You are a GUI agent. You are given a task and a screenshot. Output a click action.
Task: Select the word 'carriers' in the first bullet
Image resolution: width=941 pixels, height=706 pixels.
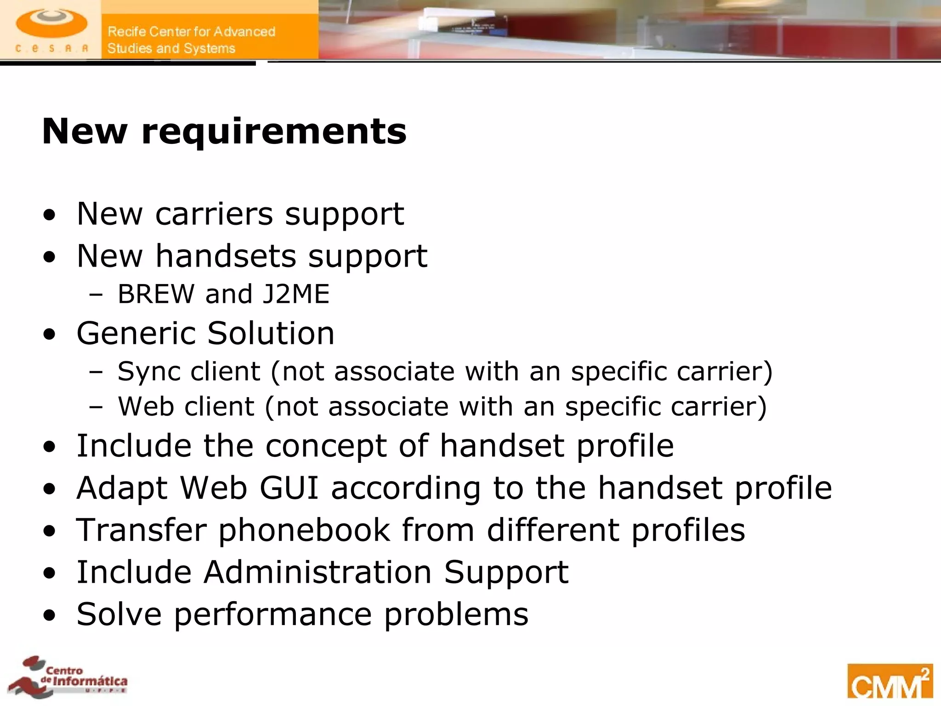(214, 214)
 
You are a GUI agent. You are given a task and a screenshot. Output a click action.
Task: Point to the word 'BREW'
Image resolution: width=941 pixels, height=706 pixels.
(156, 294)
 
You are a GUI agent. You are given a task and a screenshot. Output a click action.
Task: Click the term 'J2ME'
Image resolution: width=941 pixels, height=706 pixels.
(296, 294)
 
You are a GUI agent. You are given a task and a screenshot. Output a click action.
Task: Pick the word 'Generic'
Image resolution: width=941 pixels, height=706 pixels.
(136, 333)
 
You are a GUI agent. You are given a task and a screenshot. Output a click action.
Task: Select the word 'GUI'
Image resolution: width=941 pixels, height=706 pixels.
(289, 488)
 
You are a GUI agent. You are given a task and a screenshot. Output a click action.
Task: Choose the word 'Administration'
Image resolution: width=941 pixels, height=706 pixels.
(317, 572)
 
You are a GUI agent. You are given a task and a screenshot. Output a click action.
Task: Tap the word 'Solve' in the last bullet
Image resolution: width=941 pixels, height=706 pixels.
(119, 614)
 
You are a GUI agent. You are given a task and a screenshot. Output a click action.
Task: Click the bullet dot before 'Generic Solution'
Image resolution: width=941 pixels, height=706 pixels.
(50, 335)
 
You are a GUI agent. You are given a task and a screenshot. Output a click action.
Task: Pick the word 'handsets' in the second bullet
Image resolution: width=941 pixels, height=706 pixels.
(226, 256)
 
